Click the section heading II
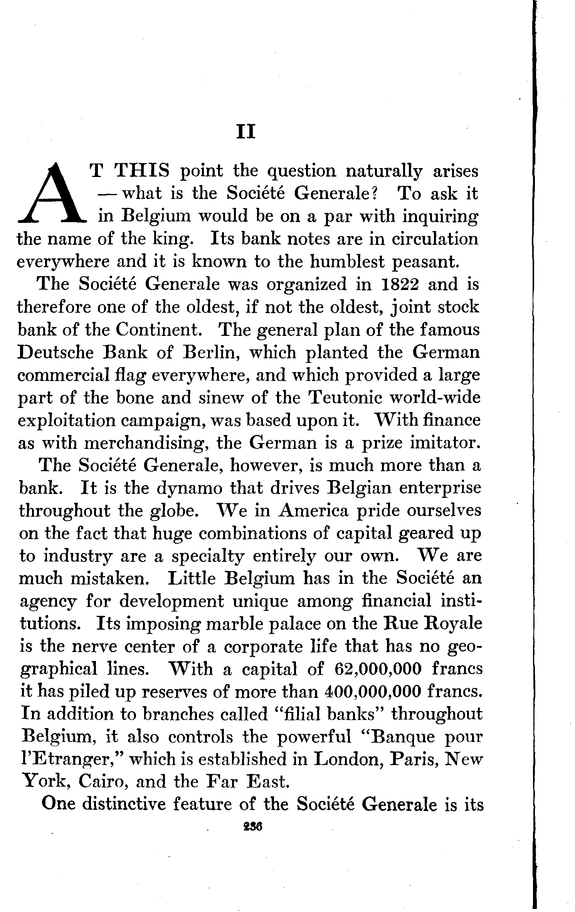pyautogui.click(x=246, y=132)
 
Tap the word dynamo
pyautogui.click(x=190, y=488)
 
